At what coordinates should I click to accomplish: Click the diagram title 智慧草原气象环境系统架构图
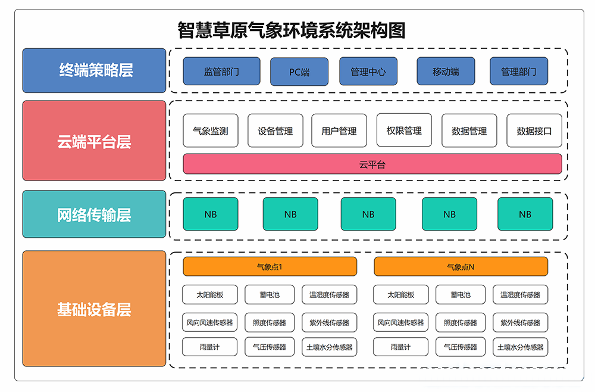(x=292, y=30)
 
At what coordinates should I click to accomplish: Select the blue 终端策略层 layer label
(x=94, y=70)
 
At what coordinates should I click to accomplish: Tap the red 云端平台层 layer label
(x=94, y=141)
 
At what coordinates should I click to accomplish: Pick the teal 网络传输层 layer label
(x=94, y=214)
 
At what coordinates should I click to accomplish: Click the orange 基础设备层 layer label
(x=94, y=309)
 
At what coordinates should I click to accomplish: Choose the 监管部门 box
(x=221, y=71)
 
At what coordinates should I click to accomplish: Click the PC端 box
(x=299, y=71)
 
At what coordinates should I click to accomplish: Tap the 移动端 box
(x=446, y=71)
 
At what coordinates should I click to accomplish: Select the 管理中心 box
(x=368, y=71)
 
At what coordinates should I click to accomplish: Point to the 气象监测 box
(x=210, y=130)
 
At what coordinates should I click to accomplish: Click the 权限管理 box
(x=404, y=130)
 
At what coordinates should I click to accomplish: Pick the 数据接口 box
(x=534, y=130)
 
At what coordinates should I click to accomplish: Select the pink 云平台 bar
(x=372, y=164)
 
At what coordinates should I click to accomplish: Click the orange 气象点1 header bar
(x=270, y=267)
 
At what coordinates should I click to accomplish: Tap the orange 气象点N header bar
(x=461, y=267)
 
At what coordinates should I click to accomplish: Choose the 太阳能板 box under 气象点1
(x=210, y=294)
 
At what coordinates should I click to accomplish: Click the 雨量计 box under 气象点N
(x=400, y=347)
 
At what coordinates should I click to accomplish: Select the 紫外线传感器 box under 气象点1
(x=329, y=322)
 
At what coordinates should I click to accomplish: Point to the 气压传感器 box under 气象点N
(x=461, y=347)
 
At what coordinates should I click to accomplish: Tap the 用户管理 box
(x=339, y=130)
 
